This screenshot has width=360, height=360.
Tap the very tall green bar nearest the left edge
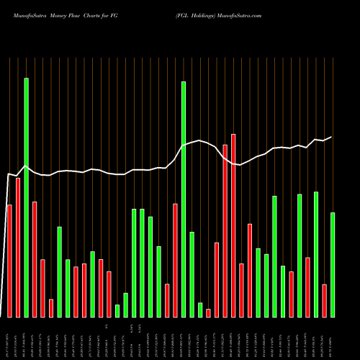[26, 197]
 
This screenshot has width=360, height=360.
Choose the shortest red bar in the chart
[208, 312]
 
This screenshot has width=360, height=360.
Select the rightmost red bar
[324, 300]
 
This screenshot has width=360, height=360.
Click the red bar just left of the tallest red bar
[225, 230]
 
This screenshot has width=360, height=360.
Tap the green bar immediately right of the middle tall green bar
[192, 274]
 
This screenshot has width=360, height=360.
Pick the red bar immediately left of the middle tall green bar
[175, 260]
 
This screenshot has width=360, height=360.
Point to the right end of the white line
[332, 137]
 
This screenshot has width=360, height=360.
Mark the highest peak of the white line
[200, 140]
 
